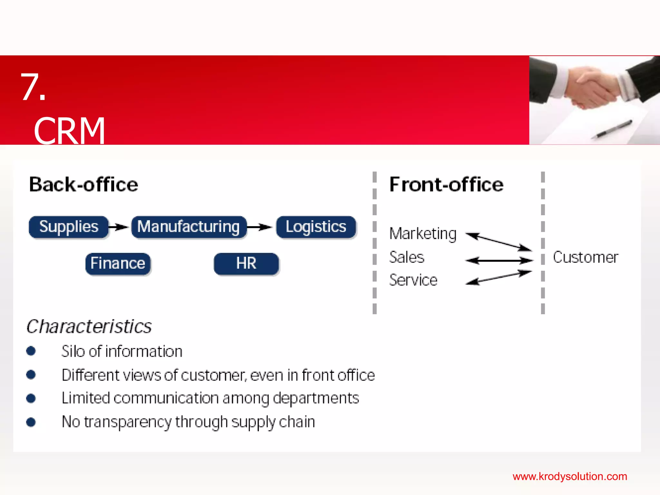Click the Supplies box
tap(68, 227)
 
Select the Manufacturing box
tap(189, 227)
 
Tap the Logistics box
tap(316, 227)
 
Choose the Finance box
tap(118, 264)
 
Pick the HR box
tap(246, 264)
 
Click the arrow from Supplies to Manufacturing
tap(119, 227)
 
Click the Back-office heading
tap(83, 185)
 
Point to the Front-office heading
tap(446, 185)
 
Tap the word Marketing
tap(423, 234)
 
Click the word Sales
tap(407, 257)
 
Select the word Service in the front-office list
tap(413, 280)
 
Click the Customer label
tap(586, 257)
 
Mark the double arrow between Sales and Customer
tap(499, 260)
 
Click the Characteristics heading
tap(89, 326)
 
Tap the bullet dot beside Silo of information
tap(31, 351)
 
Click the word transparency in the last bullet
tap(128, 422)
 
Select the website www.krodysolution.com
tap(570, 476)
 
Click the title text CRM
tap(70, 131)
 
